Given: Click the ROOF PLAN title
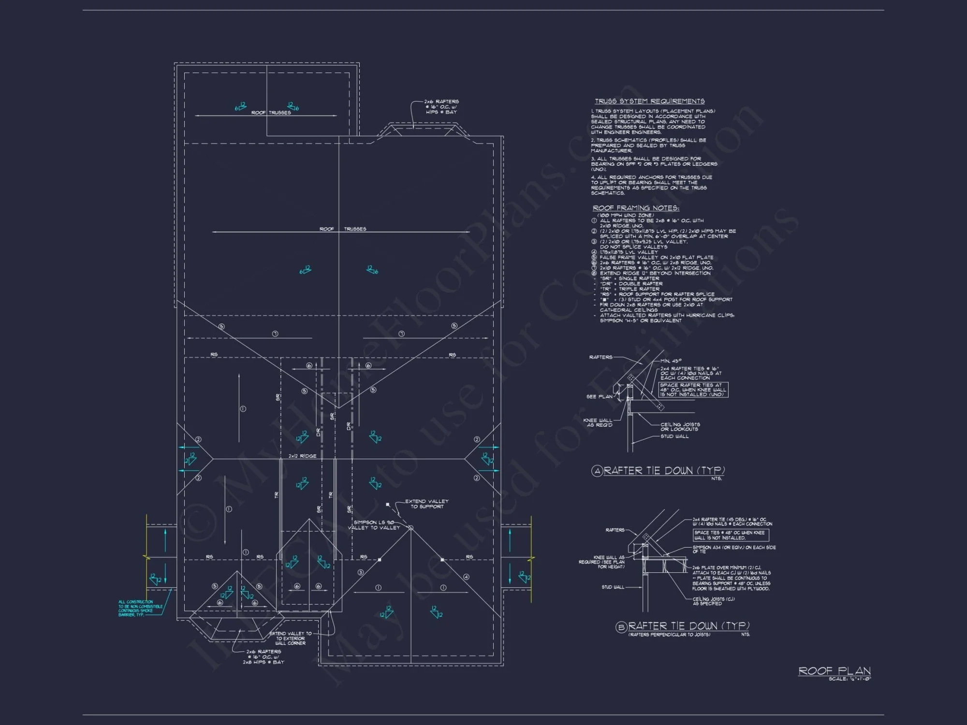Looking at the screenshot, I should pos(834,670).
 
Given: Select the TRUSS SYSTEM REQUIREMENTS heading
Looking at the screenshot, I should pos(649,101).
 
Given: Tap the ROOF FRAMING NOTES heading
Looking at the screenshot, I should pos(636,208).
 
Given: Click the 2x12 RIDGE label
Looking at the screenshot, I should pos(302,456).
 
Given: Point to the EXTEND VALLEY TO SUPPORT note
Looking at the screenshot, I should pos(426,504).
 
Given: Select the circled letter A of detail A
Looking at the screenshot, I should pos(597,471).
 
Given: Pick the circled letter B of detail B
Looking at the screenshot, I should pos(621,627).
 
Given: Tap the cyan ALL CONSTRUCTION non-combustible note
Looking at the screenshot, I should pos(140,608).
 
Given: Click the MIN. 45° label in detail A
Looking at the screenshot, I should pos(671,361).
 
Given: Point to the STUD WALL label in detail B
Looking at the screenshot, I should pos(613,587).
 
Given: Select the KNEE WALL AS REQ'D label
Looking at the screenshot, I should pos(598,422).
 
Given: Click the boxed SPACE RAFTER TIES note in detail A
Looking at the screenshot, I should pos(693,390).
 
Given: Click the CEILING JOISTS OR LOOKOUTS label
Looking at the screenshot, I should pos(680,426).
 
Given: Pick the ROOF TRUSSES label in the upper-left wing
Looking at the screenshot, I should pos(271,113).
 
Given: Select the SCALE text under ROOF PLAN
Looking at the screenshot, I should pos(850,679).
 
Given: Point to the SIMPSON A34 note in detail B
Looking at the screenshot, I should pos(733,549).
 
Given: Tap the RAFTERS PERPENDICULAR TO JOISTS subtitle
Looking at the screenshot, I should pos(669,635).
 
